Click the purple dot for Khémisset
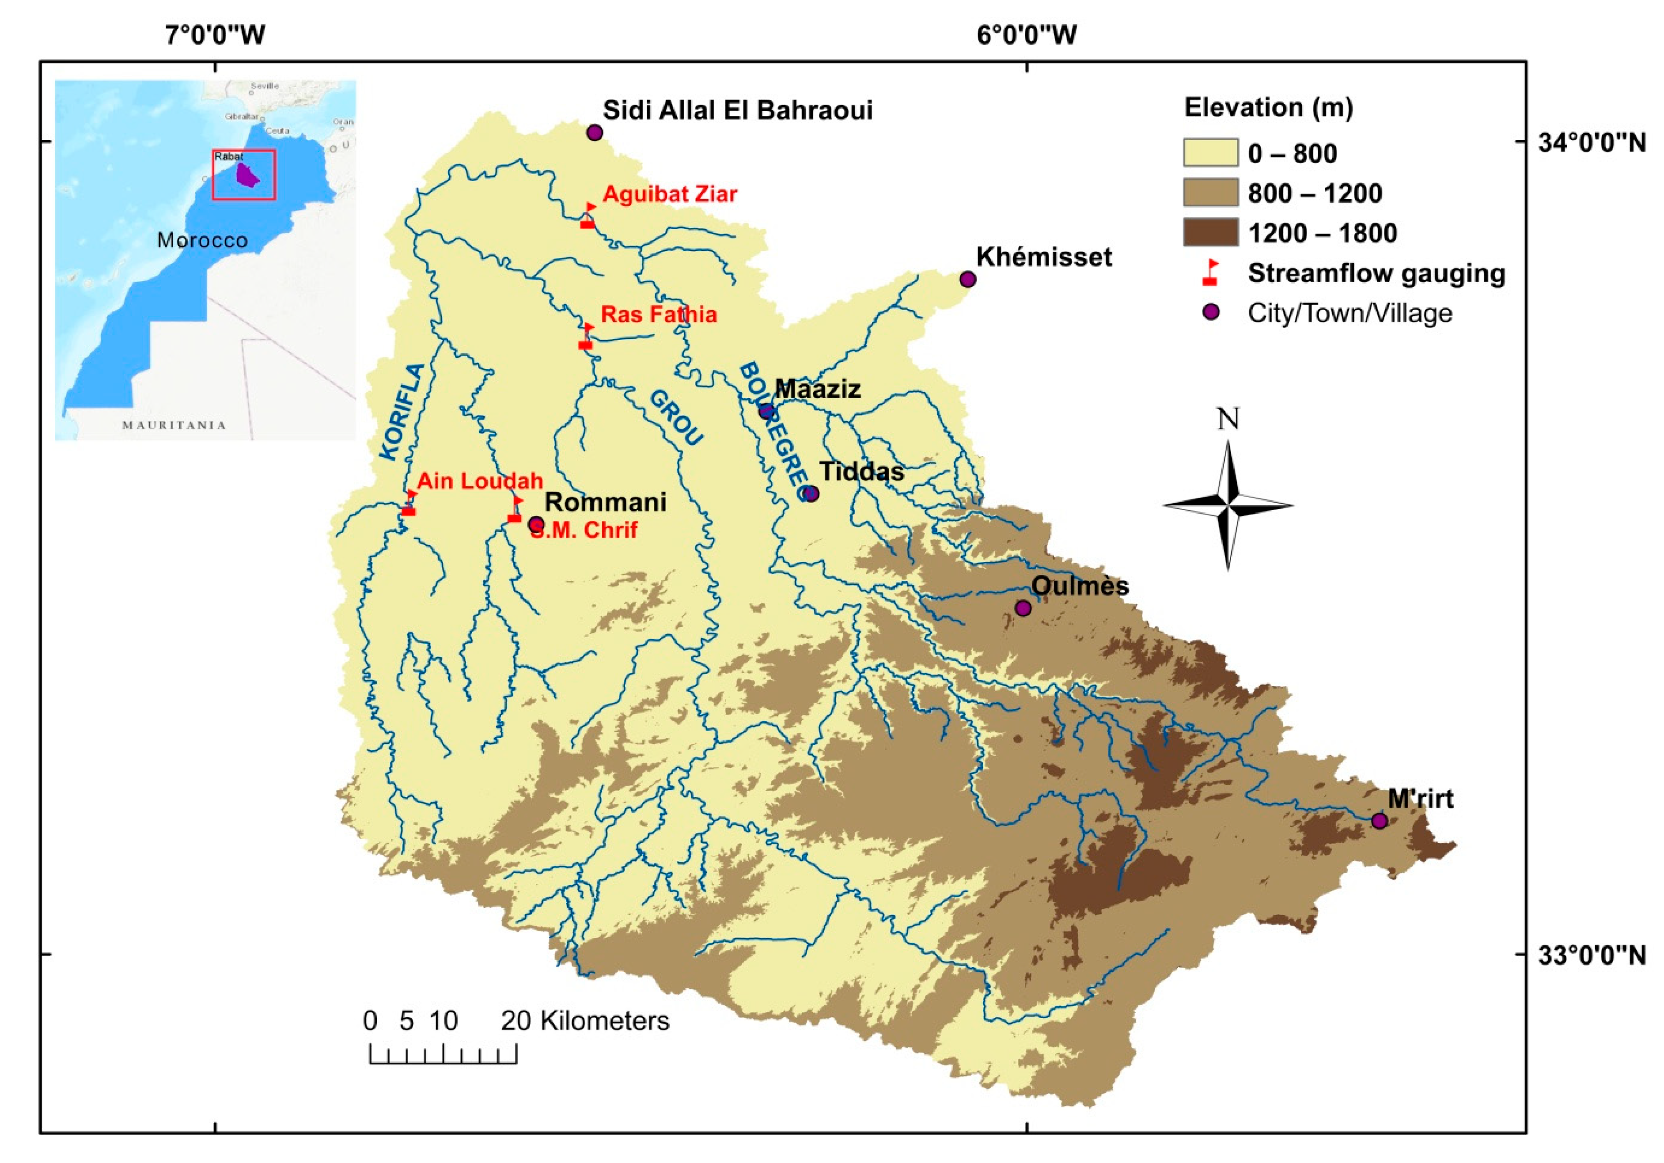967,279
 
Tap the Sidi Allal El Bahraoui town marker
595,133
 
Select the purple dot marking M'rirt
1379,821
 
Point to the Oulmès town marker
1023,608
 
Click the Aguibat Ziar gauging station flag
588,216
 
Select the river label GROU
675,418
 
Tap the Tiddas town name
862,472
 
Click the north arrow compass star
1228,505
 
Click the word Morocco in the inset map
202,240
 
